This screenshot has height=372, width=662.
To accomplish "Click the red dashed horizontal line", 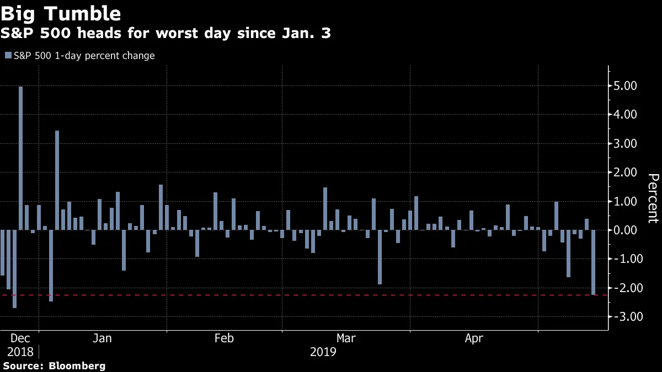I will point(331,295).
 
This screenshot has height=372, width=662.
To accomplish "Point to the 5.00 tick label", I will point(625,86).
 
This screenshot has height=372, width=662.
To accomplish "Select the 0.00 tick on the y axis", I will point(625,230).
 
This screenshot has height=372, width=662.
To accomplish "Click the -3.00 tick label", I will point(623,316).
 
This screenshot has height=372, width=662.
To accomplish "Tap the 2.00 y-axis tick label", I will point(625,172).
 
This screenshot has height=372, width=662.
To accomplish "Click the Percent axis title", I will point(653,198).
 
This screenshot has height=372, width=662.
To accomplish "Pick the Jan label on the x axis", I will point(103,338).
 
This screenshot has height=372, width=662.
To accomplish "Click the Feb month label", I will point(224,338).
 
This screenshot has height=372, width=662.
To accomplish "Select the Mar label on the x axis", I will point(346,338).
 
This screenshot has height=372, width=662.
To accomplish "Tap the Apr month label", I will point(474,338).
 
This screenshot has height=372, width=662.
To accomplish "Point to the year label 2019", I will point(323,352).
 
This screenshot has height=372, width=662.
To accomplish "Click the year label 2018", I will point(20,352).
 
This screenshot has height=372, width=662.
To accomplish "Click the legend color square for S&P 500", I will point(8,56).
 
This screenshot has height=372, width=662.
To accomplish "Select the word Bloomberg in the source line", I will point(77,365).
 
